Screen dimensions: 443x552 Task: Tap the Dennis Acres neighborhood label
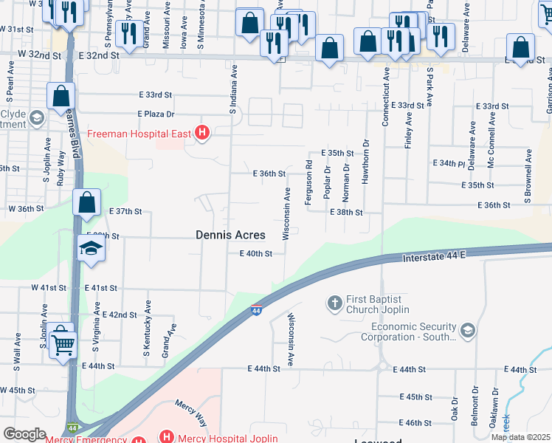tap(230, 235)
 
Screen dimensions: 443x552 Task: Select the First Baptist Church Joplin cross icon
tap(334, 302)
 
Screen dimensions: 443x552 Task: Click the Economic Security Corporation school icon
tap(466, 331)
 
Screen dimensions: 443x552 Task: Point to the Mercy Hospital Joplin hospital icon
tap(168, 437)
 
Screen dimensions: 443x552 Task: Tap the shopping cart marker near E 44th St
tap(63, 343)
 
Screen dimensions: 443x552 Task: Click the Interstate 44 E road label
tap(436, 256)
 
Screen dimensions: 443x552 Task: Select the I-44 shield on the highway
tap(256, 312)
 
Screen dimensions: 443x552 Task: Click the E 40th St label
tap(256, 253)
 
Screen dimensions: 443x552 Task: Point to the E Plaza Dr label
tap(156, 114)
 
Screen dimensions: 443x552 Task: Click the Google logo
tap(24, 434)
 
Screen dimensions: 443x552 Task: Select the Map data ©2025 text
tap(520, 437)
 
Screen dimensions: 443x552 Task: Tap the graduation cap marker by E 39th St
tap(92, 248)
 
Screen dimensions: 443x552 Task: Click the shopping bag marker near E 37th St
tap(86, 204)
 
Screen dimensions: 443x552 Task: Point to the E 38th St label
tap(347, 212)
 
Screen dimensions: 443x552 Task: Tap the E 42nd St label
tap(120, 315)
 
